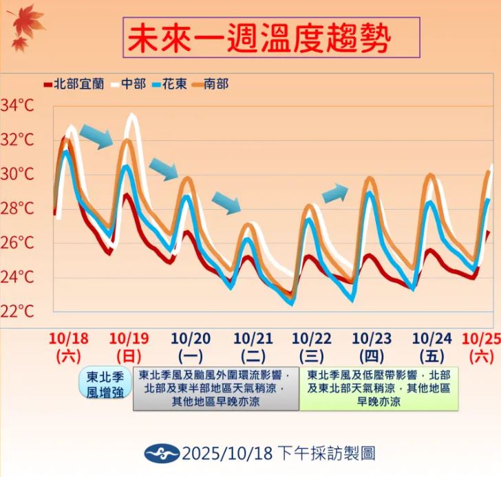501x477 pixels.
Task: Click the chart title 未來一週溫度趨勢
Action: (x=271, y=38)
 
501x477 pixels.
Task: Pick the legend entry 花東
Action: (x=175, y=84)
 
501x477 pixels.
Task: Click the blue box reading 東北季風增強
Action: (x=104, y=385)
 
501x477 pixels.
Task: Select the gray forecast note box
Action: (x=215, y=388)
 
